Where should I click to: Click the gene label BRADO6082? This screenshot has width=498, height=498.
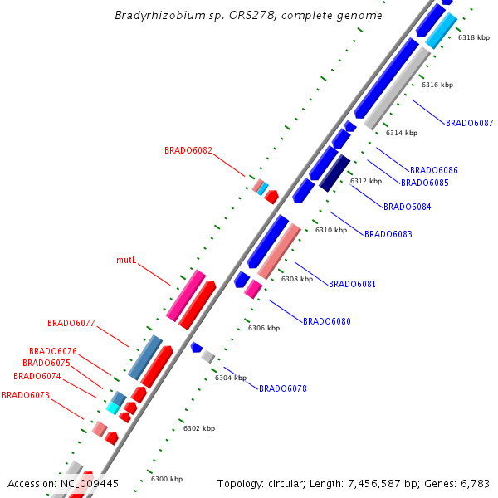[x=188, y=151]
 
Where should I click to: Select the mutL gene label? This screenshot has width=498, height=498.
[x=126, y=261]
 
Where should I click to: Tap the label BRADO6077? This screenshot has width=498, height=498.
[x=71, y=323]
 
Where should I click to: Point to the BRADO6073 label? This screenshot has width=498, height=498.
[x=26, y=395]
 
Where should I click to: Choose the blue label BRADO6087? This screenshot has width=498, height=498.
[x=469, y=123]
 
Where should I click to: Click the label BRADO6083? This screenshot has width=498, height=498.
[x=388, y=234]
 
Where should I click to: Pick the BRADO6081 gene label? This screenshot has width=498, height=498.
[x=352, y=284]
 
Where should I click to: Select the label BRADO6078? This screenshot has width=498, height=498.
[x=283, y=388]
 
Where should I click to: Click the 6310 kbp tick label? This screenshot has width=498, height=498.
[x=330, y=230]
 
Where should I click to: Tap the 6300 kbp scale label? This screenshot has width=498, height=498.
[x=166, y=479]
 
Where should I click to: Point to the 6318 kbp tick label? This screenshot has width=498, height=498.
[x=473, y=37]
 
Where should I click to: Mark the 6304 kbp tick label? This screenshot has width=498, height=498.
[x=230, y=378]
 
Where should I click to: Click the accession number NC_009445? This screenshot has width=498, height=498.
[x=89, y=483]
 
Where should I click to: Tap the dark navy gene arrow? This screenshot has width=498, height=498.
[x=334, y=173]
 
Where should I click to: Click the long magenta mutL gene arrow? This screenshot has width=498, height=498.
[x=185, y=295]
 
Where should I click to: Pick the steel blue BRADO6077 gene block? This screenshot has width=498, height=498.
[x=144, y=358]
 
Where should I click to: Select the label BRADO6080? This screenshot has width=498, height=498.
[x=326, y=321]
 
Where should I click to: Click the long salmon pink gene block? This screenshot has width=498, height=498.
[x=279, y=251]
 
